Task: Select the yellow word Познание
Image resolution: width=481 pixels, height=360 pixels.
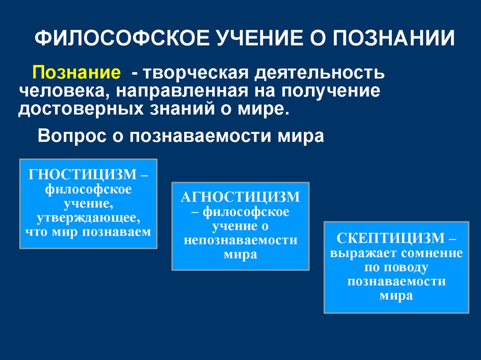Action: [75, 74]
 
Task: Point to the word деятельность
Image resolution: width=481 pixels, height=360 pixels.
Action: [319, 74]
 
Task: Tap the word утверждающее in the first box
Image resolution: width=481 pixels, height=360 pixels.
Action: [88, 218]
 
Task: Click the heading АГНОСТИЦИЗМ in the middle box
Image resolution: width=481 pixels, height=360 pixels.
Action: [240, 197]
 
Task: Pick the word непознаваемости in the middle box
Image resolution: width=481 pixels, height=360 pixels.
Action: [240, 240]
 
